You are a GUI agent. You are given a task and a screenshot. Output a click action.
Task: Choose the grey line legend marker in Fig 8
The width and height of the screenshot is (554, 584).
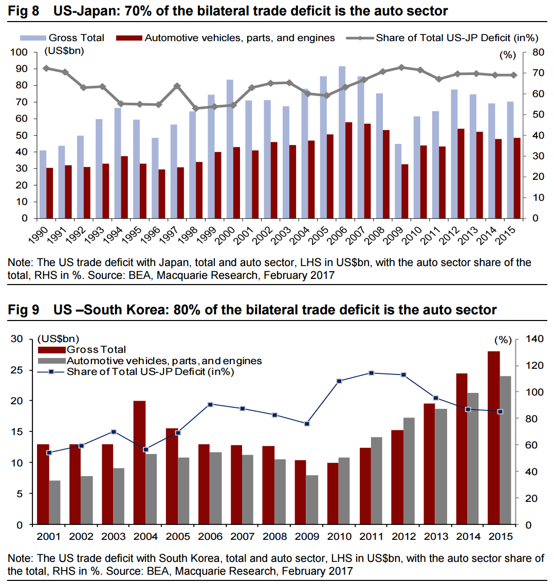coord(359,38)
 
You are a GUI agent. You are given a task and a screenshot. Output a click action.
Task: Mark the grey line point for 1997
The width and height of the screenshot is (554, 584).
coord(177,86)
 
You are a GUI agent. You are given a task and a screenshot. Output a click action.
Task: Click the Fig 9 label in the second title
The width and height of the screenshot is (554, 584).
coord(23,310)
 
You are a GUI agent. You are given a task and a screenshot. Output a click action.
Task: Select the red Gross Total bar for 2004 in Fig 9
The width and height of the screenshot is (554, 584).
coord(139,462)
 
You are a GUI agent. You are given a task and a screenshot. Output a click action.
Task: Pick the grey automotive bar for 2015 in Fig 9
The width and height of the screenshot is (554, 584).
coord(506,450)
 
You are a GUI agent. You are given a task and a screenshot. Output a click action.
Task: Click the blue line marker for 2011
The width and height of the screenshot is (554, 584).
coord(372,373)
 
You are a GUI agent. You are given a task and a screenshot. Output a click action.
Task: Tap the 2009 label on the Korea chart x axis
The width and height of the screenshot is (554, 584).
coord(307,537)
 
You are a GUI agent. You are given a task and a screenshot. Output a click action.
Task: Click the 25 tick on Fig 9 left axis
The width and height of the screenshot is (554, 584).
coord(18,370)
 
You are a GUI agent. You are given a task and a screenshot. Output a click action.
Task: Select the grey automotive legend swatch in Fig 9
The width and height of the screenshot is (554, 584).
coord(52,361)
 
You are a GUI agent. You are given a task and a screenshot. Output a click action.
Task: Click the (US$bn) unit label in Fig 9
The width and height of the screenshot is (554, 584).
coord(58,338)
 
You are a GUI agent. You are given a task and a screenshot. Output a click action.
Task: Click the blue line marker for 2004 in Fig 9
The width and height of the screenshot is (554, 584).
coord(146,449)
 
